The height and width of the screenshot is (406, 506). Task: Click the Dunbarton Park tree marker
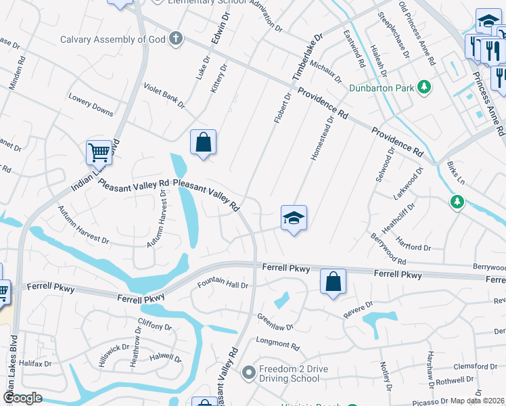(424, 87)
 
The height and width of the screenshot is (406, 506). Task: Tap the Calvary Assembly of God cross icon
(175, 38)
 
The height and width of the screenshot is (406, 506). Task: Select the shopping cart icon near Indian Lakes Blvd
(99, 153)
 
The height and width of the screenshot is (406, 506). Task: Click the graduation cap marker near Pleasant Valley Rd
(294, 218)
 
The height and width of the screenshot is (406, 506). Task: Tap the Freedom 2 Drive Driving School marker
(248, 371)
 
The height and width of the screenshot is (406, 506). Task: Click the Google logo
(23, 398)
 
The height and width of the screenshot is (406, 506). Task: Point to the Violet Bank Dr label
(164, 95)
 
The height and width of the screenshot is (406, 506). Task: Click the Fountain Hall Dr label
(223, 284)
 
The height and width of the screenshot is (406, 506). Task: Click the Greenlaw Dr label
(275, 321)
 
